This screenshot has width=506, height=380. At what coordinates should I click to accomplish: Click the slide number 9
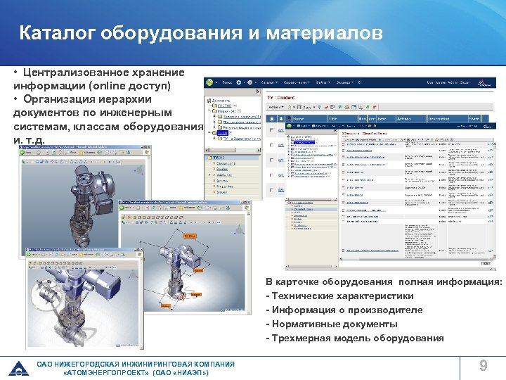pyautogui.click(x=483, y=365)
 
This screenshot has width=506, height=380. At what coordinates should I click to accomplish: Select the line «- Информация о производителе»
pyautogui.click(x=344, y=310)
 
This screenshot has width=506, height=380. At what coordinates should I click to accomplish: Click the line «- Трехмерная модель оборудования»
pyautogui.click(x=355, y=338)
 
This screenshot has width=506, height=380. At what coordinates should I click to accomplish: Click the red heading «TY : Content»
pyautogui.click(x=282, y=98)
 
